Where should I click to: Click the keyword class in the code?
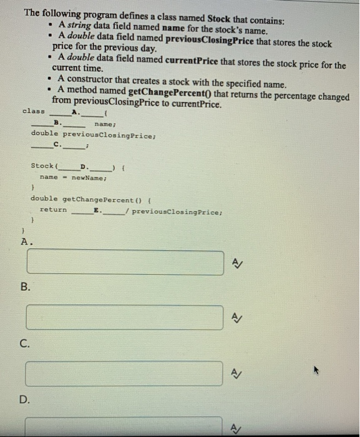click(34, 111)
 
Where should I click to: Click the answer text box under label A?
click(124, 262)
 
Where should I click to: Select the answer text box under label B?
click(124, 317)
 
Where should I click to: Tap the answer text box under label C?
click(124, 373)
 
